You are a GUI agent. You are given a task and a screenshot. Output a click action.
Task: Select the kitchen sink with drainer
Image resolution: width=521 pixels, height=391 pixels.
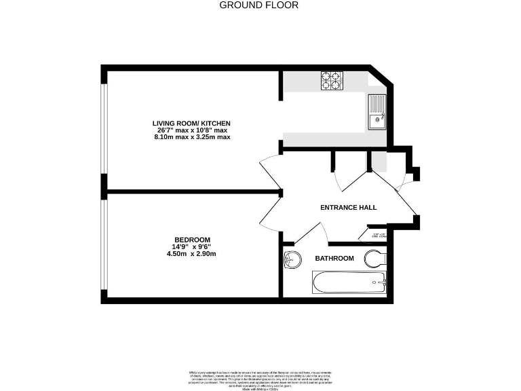[377, 112]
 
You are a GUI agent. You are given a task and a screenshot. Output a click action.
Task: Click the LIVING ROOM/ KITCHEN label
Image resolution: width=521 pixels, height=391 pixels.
[192, 123]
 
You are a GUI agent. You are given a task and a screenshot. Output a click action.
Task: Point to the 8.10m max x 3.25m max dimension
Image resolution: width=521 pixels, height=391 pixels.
[192, 136]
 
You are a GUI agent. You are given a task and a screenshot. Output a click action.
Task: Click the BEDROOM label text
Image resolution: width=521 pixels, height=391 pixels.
[192, 240]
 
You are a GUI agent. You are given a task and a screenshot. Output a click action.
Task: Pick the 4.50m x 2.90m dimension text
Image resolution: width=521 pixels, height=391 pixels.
[192, 254]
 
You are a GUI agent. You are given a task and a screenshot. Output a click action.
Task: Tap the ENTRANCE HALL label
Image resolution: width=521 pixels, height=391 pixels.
[348, 208]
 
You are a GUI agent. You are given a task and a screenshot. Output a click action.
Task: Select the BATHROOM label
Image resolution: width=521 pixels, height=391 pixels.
[334, 259]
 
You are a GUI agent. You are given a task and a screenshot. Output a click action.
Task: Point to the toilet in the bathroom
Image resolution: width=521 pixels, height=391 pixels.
[375, 259]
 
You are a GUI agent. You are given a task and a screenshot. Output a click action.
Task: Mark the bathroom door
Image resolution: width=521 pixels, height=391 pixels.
[309, 232]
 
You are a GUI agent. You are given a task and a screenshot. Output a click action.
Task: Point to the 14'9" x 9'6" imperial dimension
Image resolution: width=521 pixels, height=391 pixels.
[192, 247]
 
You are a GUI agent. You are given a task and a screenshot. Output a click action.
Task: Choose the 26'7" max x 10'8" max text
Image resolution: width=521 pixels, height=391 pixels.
[192, 130]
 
